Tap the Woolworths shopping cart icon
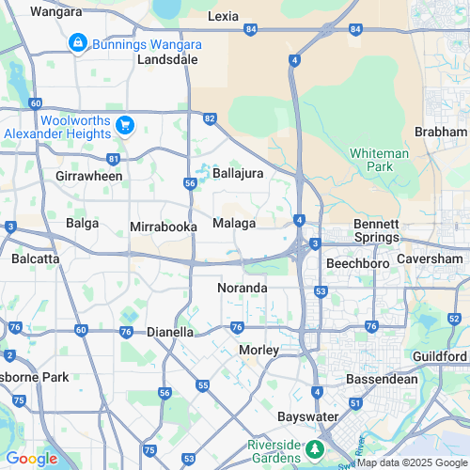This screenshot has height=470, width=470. pos(124,125)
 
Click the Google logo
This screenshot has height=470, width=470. pos(31,458)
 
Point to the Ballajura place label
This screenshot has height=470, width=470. pos(238,174)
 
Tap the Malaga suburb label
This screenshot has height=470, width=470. pos(234,223)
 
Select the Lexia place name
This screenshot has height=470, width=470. pos(223,17)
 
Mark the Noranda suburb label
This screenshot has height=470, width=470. pos(243,288)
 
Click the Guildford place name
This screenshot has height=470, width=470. pos(439,357)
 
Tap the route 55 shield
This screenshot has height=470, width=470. pos(203,385)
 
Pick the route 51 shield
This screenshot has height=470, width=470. pos(355,403)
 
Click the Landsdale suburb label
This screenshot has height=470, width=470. pos(167,58)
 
